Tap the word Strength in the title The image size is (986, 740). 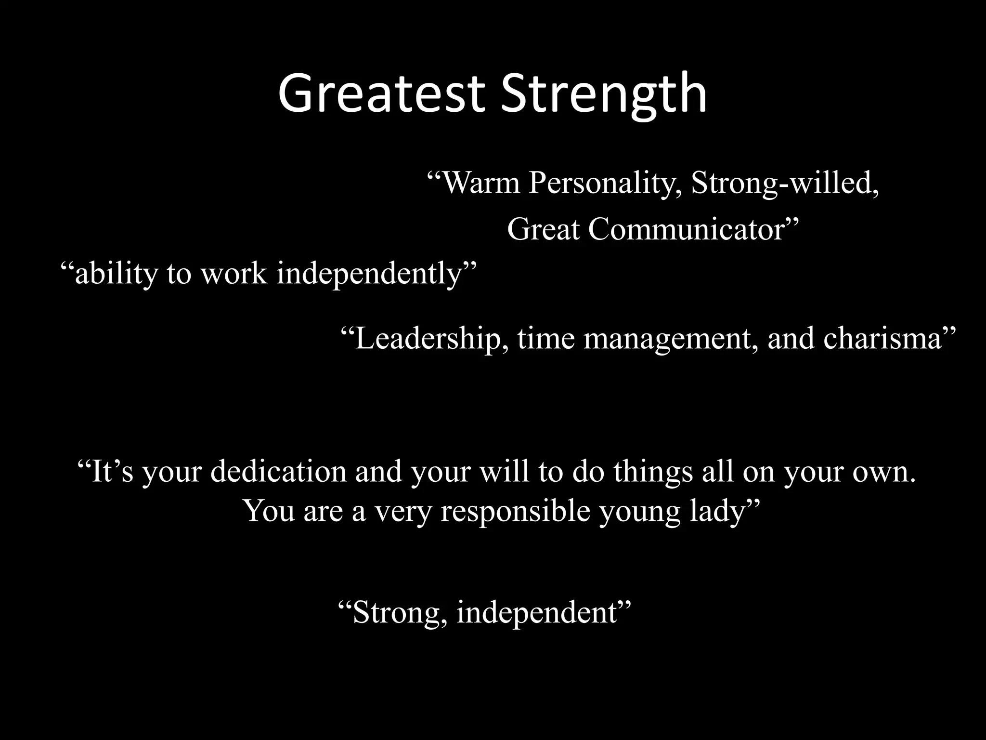coord(604,92)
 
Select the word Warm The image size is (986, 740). coord(480,183)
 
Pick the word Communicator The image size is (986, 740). coord(688,229)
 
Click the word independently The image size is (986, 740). coord(370,274)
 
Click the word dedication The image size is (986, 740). coord(278,471)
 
